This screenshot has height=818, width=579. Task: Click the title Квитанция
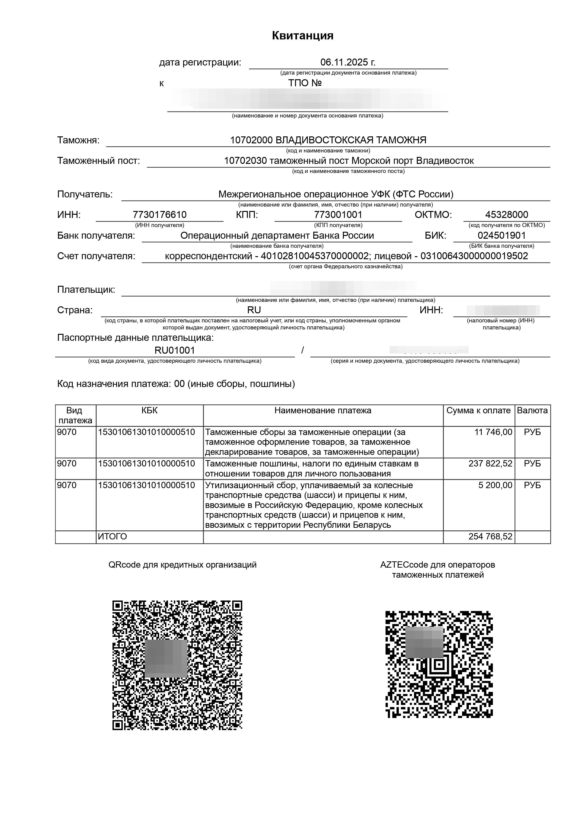click(x=302, y=36)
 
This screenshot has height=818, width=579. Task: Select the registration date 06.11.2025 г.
click(x=348, y=62)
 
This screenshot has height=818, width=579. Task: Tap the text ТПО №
click(x=305, y=83)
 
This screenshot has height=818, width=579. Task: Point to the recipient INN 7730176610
click(x=159, y=214)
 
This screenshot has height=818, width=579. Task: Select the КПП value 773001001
click(x=338, y=214)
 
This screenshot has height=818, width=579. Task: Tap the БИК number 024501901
click(x=502, y=235)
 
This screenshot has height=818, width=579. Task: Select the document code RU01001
click(x=175, y=350)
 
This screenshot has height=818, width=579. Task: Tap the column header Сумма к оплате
click(x=478, y=411)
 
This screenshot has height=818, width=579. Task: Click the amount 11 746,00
click(x=493, y=432)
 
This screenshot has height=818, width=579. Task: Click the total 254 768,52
click(x=490, y=536)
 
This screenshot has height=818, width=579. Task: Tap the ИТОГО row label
click(x=112, y=536)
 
